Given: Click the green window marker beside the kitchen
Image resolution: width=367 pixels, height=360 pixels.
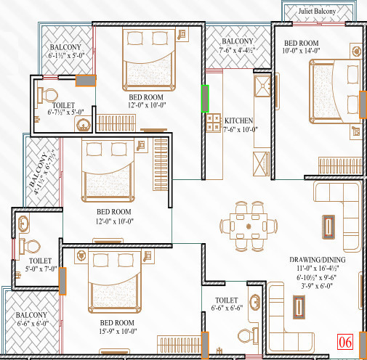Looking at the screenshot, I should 204,99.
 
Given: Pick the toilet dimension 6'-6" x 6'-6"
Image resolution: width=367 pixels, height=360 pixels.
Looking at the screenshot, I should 227,308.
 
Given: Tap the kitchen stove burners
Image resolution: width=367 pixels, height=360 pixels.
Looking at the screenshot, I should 214,124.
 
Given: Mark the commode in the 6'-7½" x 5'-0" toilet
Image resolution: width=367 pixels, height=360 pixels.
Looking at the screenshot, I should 49,95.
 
